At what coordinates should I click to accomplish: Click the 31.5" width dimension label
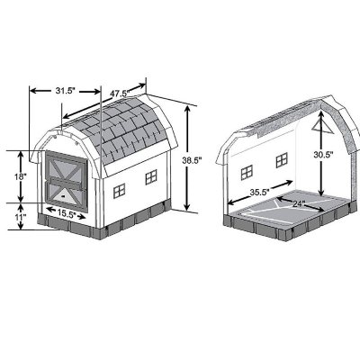pos(63,91)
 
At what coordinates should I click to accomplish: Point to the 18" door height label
pos(19,177)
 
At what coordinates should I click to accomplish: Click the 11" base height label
pos(19,218)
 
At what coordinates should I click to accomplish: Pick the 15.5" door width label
pos(61,214)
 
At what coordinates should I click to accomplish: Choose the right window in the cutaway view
pos(283,159)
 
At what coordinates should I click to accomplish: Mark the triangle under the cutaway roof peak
pos(316,129)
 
